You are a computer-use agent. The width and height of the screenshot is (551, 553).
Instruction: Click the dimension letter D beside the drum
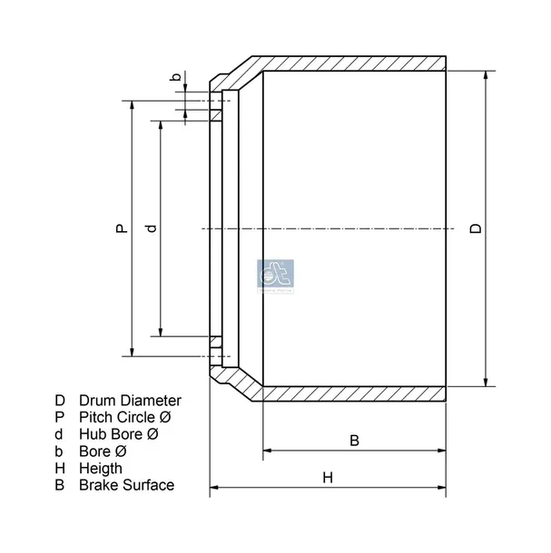[x=476, y=228]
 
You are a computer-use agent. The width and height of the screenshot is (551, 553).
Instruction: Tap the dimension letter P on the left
[x=120, y=230]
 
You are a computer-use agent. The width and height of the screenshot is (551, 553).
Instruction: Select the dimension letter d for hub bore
[x=151, y=229]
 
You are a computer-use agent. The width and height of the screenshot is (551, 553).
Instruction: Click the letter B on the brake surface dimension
[x=355, y=441]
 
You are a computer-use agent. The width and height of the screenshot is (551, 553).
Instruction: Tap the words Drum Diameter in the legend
[x=130, y=400]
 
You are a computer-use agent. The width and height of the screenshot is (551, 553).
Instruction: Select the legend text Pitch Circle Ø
[x=125, y=417]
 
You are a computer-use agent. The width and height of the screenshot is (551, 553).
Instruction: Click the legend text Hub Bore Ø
[x=119, y=434]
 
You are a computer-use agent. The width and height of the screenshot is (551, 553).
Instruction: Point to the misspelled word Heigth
[x=102, y=468]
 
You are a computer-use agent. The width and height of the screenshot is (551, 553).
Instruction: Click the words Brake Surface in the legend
[x=126, y=485]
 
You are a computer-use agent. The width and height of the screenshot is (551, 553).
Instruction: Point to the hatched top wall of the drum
[x=354, y=63]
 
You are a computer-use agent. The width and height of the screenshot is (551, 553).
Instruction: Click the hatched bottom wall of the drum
[x=354, y=394]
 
